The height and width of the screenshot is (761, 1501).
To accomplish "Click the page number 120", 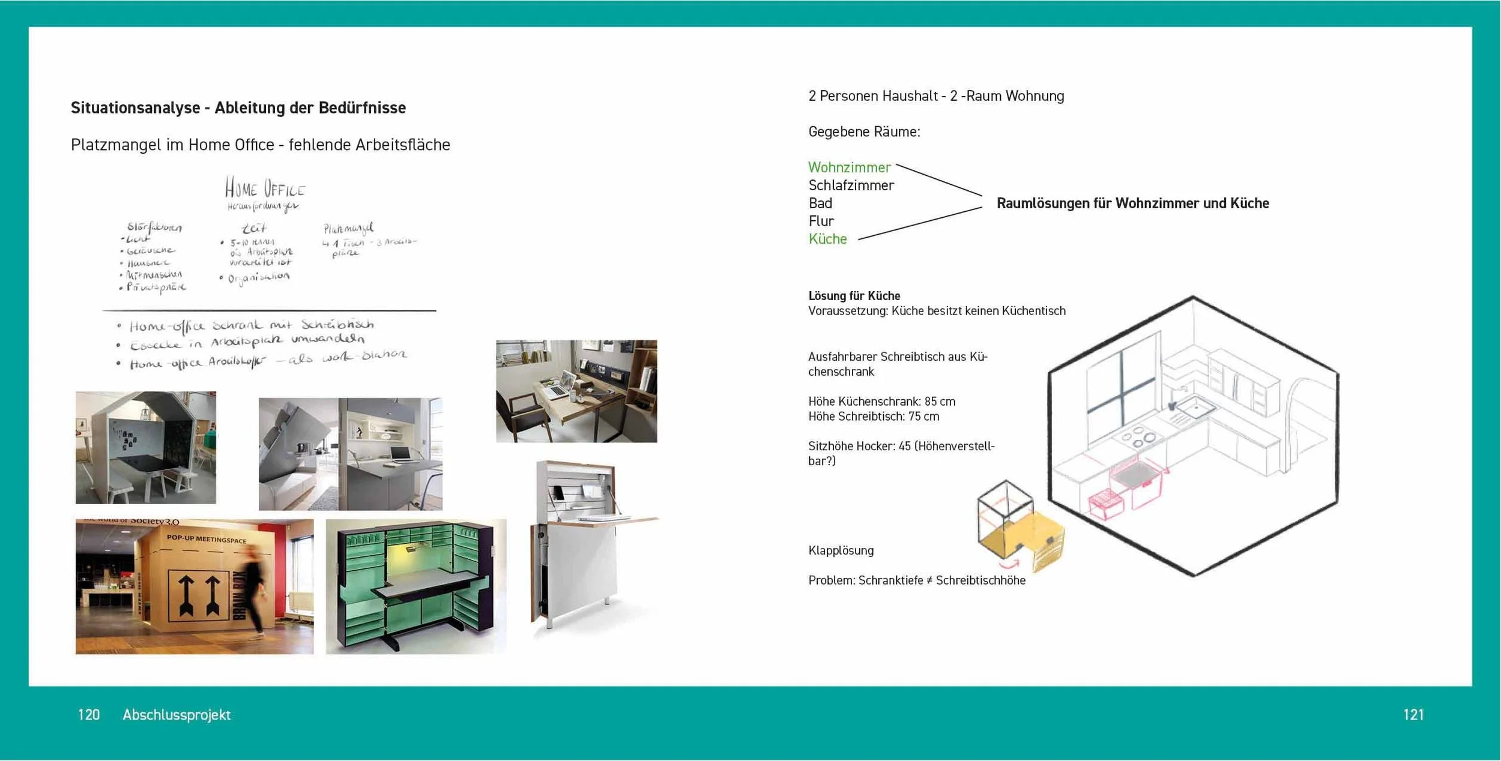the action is [x=88, y=714].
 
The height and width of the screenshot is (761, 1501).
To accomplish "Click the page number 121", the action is [x=1413, y=714].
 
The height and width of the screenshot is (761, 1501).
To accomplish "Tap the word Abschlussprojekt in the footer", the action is [x=177, y=714].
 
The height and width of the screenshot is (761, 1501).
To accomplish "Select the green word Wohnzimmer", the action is [x=849, y=167].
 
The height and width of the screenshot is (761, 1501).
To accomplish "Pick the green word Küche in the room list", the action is [x=827, y=239].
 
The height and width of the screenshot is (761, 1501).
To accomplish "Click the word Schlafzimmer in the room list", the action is [x=851, y=185].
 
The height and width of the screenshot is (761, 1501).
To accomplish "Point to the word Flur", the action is [x=821, y=221].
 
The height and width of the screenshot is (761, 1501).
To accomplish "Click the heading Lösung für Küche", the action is [x=854, y=296].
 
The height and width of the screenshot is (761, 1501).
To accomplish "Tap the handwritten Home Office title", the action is [x=265, y=188].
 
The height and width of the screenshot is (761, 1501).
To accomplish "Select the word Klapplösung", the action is [x=841, y=550].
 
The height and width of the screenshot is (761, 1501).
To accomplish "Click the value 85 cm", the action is [x=940, y=402].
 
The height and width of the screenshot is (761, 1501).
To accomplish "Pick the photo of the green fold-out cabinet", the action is [x=415, y=586].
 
